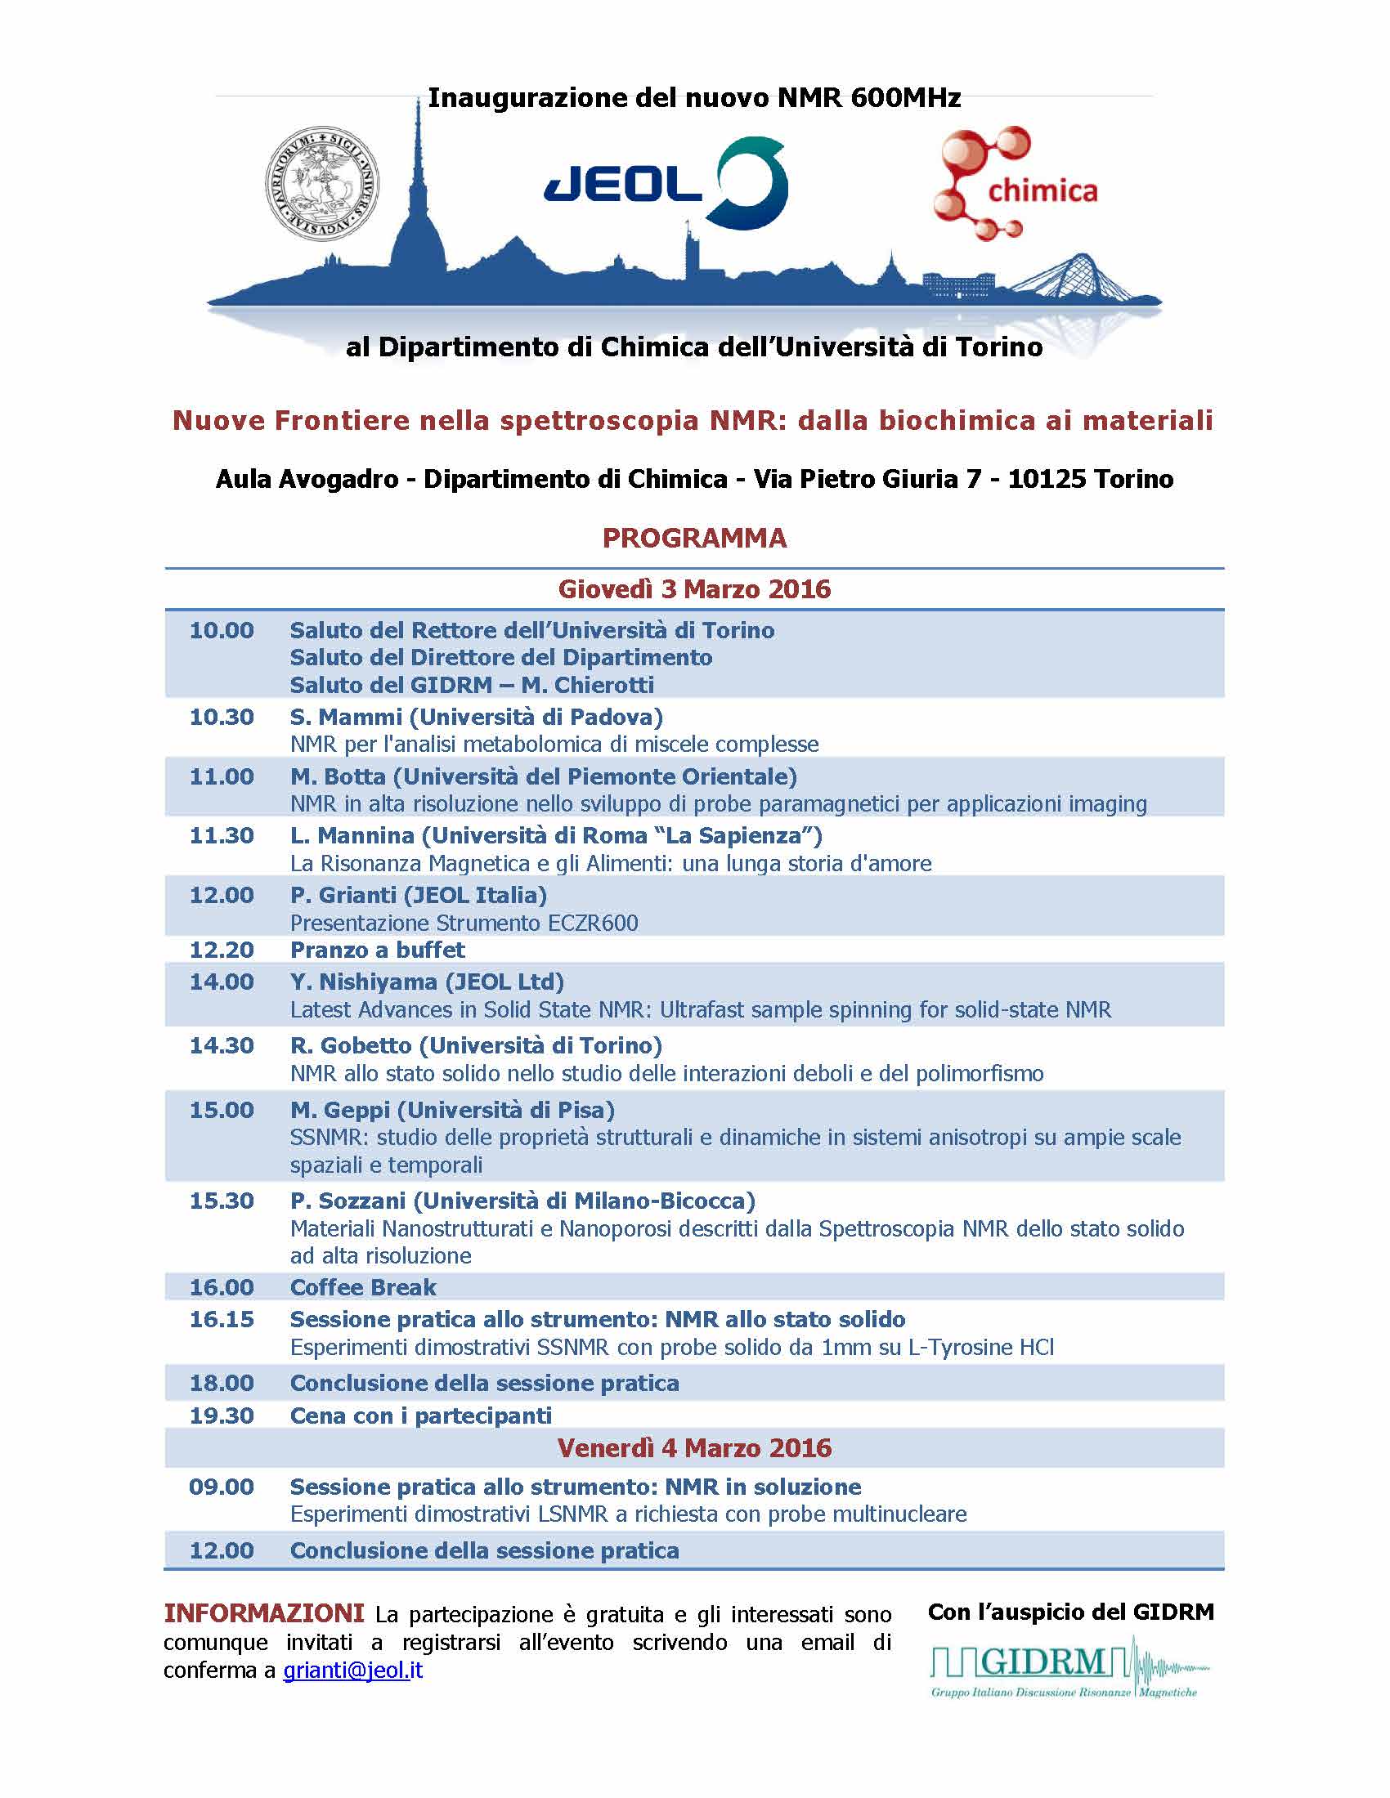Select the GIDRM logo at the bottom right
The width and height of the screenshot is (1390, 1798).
[x=1069, y=1668]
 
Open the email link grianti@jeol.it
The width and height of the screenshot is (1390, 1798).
[x=352, y=1670]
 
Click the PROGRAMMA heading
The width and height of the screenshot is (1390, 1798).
[x=694, y=539]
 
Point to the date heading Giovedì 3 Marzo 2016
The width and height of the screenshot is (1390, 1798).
[x=694, y=589]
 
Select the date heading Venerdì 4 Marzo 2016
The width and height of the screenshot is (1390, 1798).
[x=694, y=1448]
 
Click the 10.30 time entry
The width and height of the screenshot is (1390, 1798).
[x=222, y=717]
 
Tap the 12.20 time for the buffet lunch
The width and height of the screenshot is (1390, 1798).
[x=222, y=950]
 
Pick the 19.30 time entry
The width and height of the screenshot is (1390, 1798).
[x=222, y=1416]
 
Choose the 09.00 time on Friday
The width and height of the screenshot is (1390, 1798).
[x=222, y=1487]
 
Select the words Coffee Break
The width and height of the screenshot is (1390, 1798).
[x=363, y=1287]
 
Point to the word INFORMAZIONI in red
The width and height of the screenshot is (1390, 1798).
[x=263, y=1613]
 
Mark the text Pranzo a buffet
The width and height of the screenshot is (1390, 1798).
[x=377, y=950]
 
